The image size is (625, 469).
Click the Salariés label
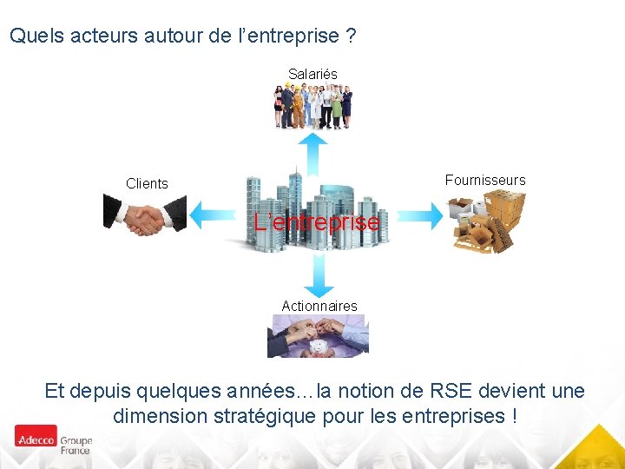pos(312,75)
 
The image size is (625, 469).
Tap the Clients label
pos(147,183)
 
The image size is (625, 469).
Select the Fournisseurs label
pos(485,181)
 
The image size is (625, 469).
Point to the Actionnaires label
pos(319,306)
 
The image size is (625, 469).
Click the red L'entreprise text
pos(316,222)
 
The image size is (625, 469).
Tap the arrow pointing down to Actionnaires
pos(319,278)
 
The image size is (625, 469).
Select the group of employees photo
pos(312,106)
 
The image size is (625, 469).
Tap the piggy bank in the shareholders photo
pos(318,347)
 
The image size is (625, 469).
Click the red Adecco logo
pos(36,436)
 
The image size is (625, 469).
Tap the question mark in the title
pos(351,36)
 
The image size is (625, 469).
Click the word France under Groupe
pos(75,451)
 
